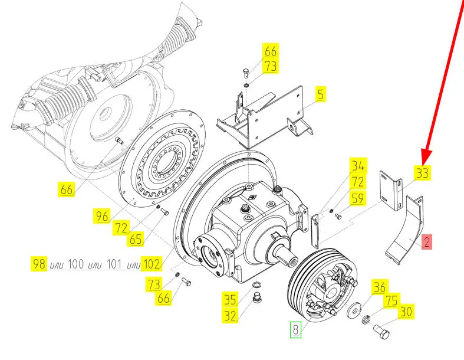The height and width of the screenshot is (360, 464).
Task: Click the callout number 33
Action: coord(422,172)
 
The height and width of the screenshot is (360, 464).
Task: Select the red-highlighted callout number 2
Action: coord(427,242)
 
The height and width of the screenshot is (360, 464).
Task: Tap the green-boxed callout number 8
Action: coord(295,329)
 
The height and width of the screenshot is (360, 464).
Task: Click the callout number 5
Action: coord(321,94)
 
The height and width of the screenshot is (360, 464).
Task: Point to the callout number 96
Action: coord(102,215)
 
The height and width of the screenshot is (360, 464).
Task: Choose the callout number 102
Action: coord(151,264)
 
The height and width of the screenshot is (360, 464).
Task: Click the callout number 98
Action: coord(39,264)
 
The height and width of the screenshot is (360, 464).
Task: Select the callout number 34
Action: coord(358,165)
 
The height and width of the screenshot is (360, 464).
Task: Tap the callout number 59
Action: coord(358,198)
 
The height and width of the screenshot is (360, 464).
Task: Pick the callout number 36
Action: coord(380,287)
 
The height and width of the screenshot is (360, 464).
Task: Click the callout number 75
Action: coord(391,300)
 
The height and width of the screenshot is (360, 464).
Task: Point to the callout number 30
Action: coord(406,312)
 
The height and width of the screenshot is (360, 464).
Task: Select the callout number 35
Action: coord(230,300)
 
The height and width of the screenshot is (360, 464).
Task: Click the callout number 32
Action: coord(230,316)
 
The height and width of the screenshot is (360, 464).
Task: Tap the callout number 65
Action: coord(136,239)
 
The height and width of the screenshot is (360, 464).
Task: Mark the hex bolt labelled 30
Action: coord(381,332)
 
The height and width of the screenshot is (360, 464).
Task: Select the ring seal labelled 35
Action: coord(256,285)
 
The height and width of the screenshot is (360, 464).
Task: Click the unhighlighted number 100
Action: coord(75,264)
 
